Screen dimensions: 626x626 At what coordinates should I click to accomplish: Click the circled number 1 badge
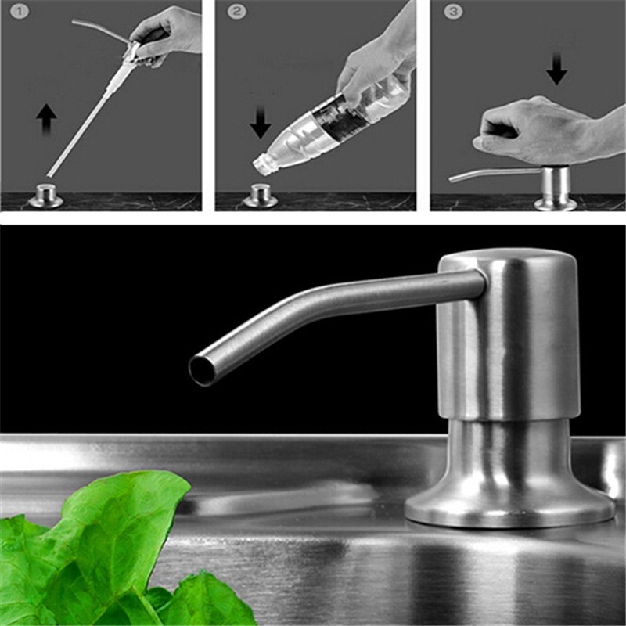(x=19, y=11)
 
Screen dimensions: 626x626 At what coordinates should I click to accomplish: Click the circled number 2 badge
(x=237, y=11)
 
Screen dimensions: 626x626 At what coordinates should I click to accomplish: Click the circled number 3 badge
(x=453, y=11)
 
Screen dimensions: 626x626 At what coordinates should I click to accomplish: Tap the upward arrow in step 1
(x=46, y=119)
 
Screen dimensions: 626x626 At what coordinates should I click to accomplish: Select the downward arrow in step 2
(x=261, y=123)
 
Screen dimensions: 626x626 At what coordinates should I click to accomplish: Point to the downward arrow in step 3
(x=556, y=69)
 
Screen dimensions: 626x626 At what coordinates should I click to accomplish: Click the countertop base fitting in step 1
(x=45, y=196)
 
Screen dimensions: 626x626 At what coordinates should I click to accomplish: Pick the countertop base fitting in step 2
(x=261, y=196)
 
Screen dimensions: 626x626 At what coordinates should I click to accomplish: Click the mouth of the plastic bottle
(x=261, y=165)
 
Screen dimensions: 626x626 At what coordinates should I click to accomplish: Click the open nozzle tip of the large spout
(x=202, y=370)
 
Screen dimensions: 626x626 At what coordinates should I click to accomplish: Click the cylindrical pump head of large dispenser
(x=508, y=335)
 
